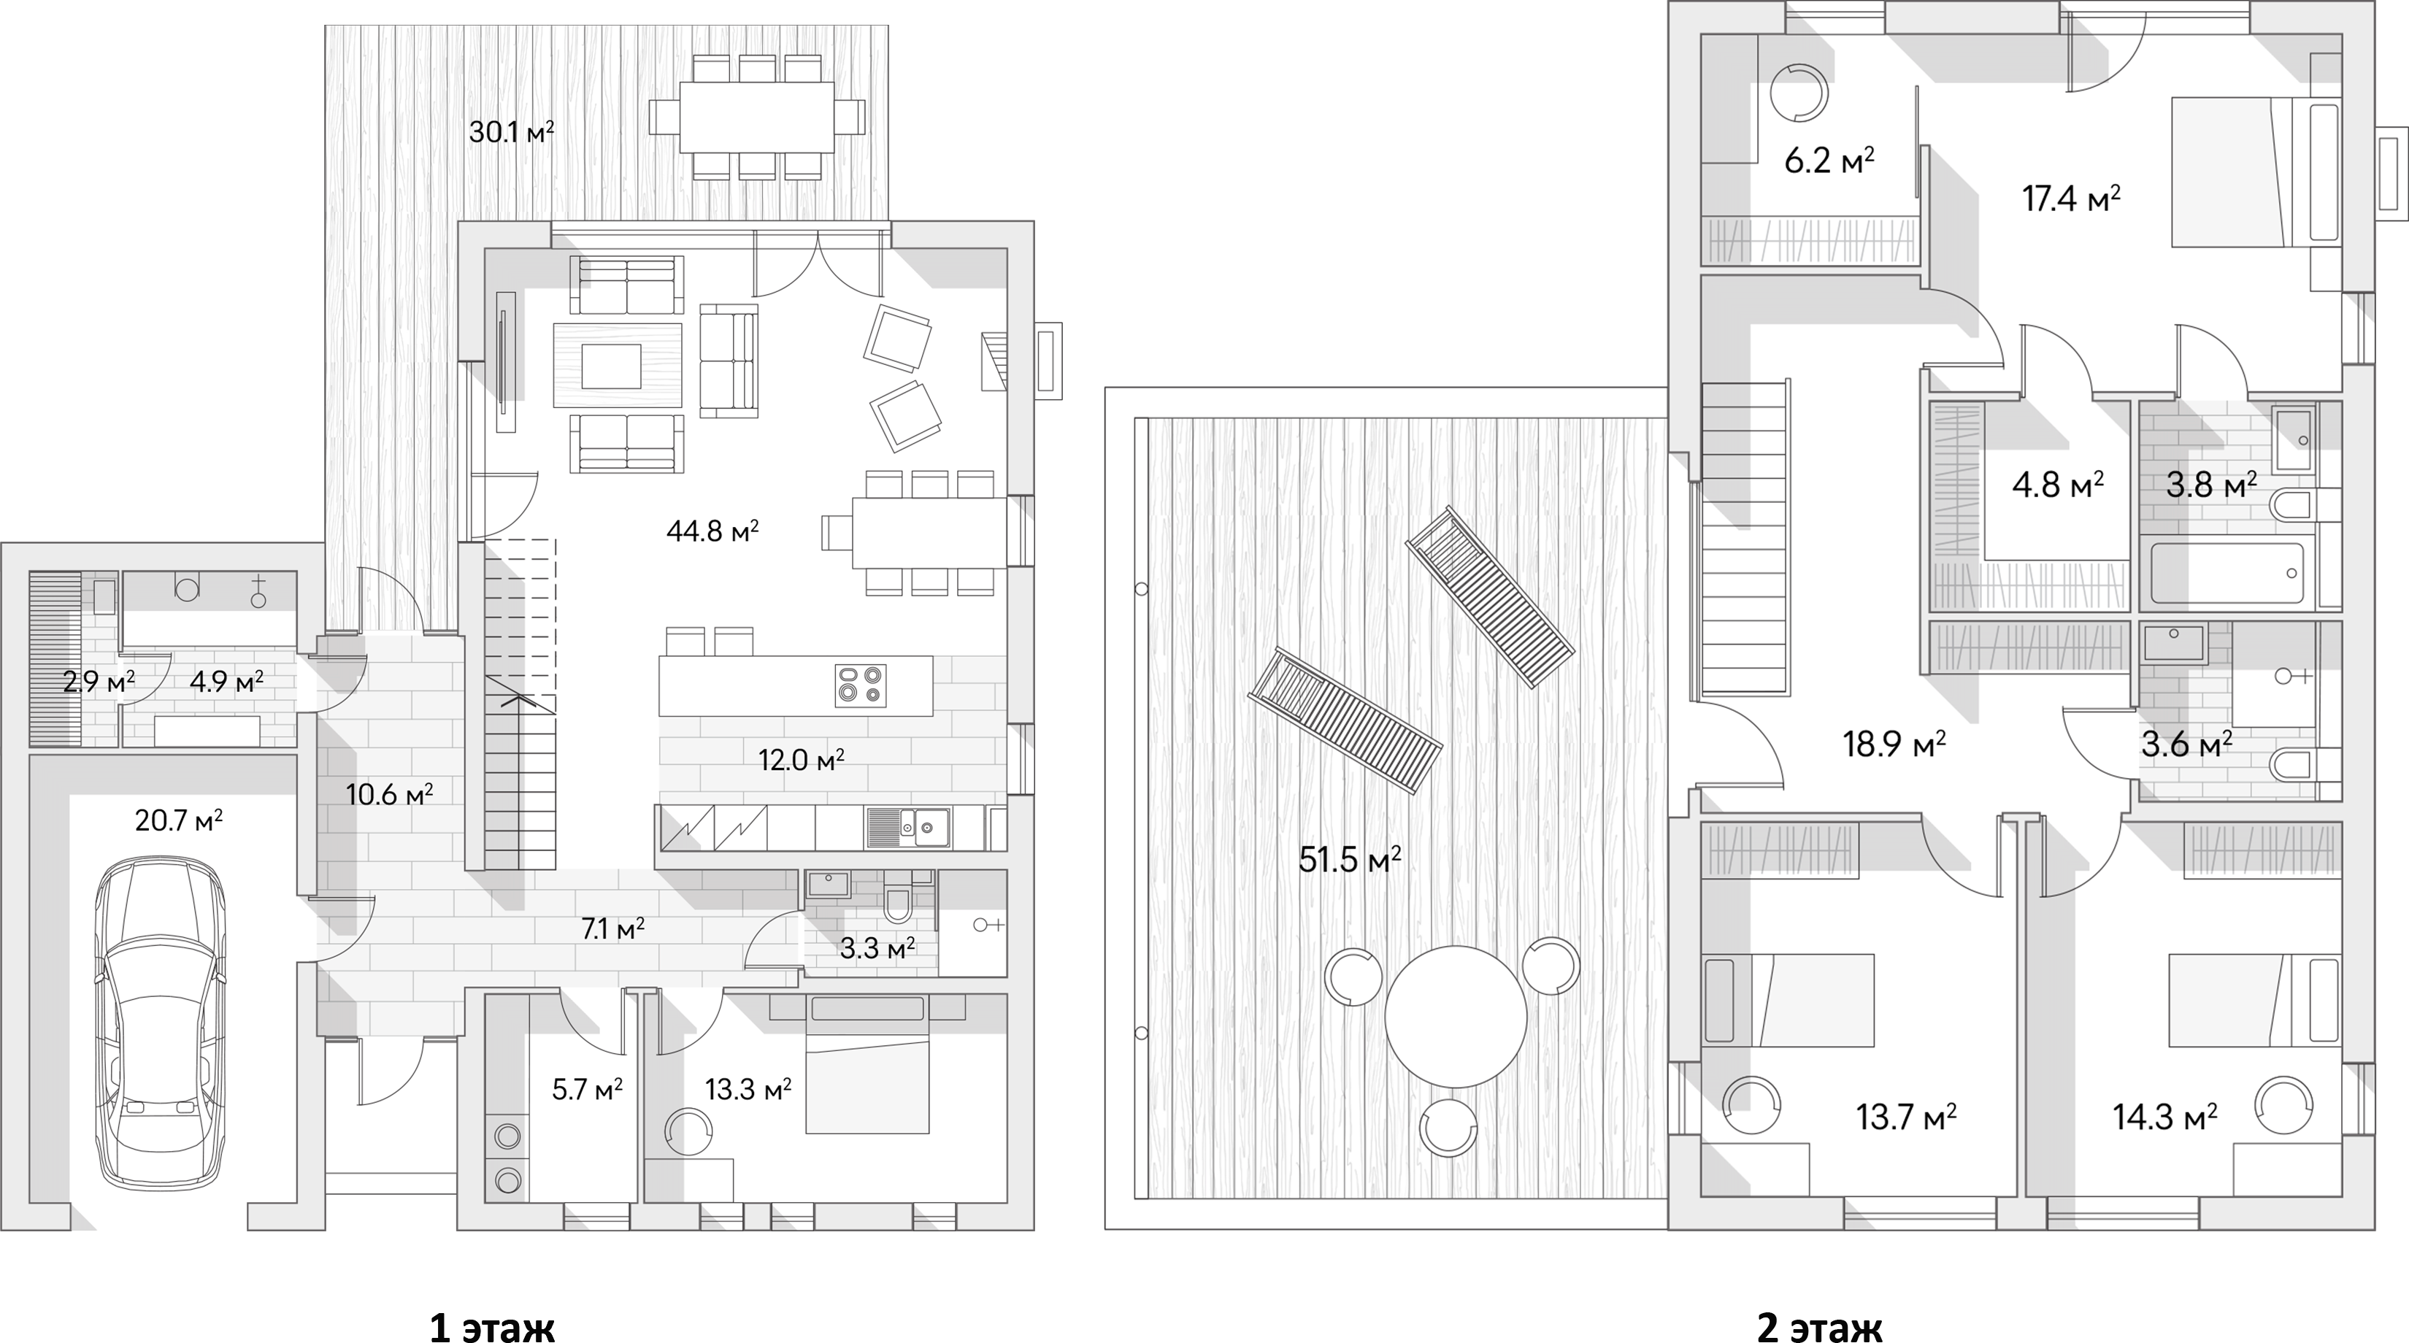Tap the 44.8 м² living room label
point(712,531)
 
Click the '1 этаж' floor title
point(491,1326)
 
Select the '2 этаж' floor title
point(1819,1326)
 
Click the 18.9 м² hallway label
point(1894,744)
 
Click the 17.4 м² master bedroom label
point(2070,199)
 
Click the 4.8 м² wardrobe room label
point(2057,485)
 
